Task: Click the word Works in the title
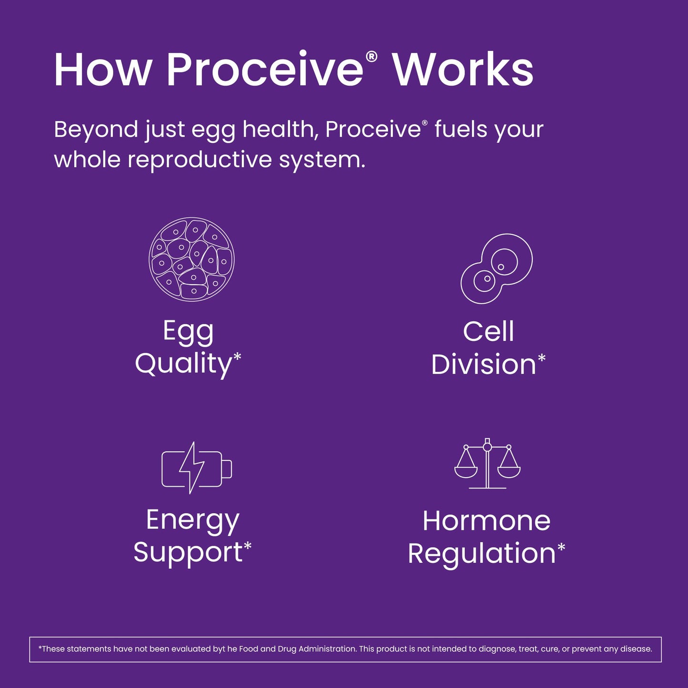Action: tap(463, 69)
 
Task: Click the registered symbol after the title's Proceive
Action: tap(371, 57)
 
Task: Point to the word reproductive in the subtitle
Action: tap(199, 159)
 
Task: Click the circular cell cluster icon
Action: tap(192, 259)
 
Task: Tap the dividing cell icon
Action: tap(496, 269)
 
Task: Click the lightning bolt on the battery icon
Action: tap(192, 468)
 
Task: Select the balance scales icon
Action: tap(488, 463)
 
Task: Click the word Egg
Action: tap(188, 332)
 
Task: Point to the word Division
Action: tap(483, 364)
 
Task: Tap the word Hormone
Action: tap(487, 521)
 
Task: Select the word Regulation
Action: tap(482, 554)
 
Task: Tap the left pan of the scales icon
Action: tap(466, 472)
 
